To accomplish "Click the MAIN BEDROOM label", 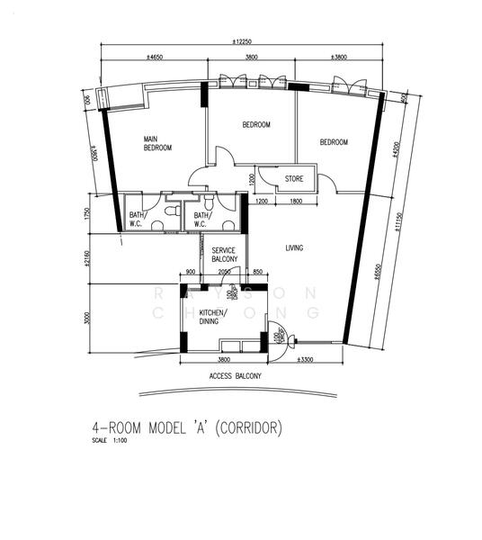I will [x=157, y=143].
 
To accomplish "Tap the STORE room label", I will [x=294, y=179].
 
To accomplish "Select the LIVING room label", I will [x=294, y=247].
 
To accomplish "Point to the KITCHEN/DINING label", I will [x=213, y=316].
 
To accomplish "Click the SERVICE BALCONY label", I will [x=224, y=255].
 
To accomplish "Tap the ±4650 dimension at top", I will [x=154, y=57].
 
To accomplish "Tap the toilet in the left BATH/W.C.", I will [x=168, y=212].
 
